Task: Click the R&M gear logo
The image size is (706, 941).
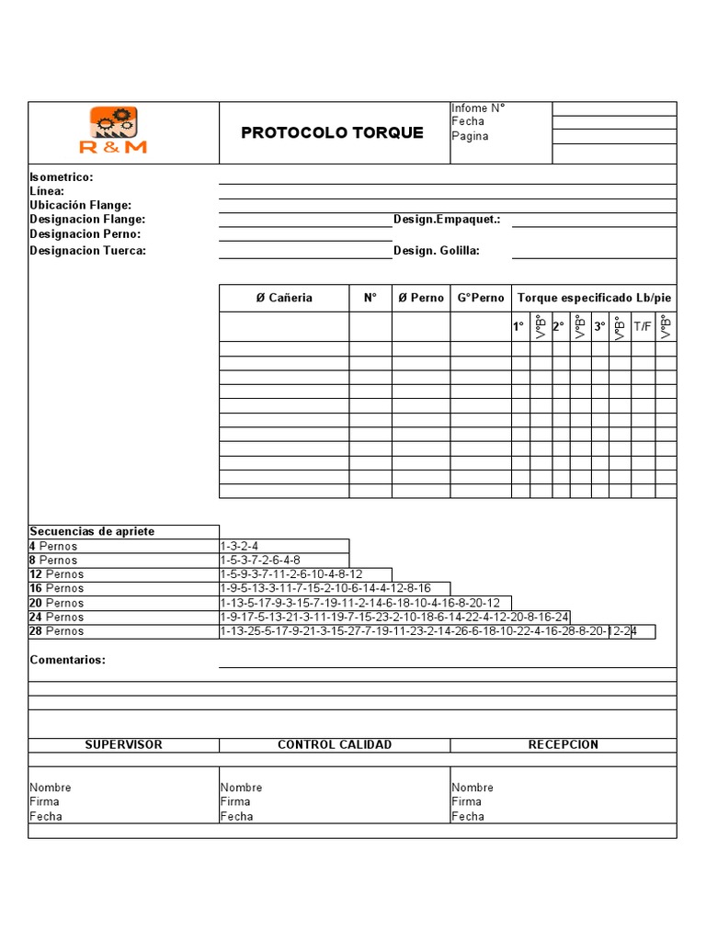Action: point(113,130)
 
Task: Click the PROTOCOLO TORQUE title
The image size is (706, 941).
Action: point(332,132)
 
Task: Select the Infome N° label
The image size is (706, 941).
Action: point(478,108)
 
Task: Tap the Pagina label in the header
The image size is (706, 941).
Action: point(470,136)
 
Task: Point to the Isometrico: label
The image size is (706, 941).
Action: point(62,176)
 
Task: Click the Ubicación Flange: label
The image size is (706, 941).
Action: point(81,205)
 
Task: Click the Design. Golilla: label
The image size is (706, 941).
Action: point(437,250)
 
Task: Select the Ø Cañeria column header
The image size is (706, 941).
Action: point(283,298)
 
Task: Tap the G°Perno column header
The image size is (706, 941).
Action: point(481,298)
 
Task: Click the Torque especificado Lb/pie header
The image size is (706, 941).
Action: point(594,298)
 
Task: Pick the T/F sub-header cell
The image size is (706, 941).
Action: point(643,326)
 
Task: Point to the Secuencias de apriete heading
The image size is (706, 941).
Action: point(92,531)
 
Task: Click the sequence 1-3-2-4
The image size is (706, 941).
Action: point(239,546)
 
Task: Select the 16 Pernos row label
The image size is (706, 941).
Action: point(56,588)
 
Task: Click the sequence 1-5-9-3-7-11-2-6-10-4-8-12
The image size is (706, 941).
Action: point(291,574)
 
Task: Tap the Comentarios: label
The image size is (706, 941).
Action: point(67,660)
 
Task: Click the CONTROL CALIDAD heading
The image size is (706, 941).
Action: point(335,744)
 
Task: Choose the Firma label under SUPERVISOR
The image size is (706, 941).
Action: point(44,801)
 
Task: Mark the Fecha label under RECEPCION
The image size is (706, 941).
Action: point(468,816)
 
